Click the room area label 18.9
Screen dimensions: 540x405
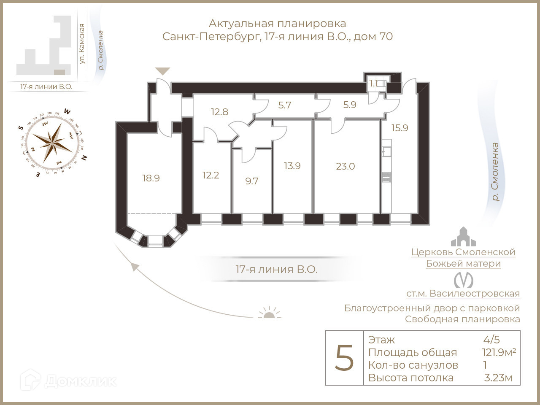[151, 178]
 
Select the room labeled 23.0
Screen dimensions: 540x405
[345, 166]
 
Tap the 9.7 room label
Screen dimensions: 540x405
[251, 181]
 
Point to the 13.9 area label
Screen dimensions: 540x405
[292, 166]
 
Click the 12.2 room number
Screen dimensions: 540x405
[211, 175]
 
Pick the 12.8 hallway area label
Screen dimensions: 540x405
[219, 112]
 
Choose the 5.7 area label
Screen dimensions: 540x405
[285, 105]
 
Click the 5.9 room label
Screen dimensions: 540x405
[350, 105]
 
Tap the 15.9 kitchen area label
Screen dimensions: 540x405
[400, 128]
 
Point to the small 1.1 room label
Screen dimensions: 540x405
[373, 83]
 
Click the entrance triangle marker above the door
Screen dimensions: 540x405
[162, 71]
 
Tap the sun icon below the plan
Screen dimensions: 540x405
[269, 313]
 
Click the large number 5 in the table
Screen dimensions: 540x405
[344, 358]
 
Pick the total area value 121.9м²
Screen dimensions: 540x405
[499, 352]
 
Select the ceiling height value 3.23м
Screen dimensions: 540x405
[498, 378]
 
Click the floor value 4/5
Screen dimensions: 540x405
[491, 340]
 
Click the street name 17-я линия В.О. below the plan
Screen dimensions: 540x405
[276, 269]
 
